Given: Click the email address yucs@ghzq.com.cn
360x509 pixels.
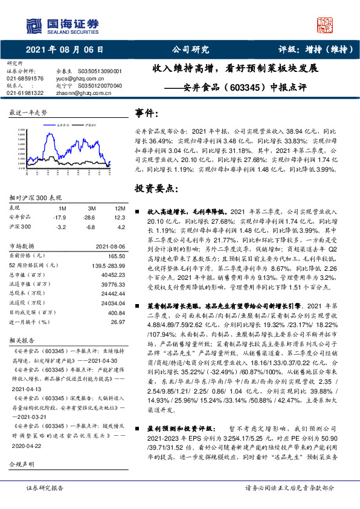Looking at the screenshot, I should (x=77, y=79).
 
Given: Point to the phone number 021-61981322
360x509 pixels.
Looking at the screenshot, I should (x=25, y=93).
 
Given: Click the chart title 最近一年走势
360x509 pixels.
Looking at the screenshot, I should (x=28, y=113).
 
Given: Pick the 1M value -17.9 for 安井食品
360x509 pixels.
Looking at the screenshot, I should (x=59, y=217).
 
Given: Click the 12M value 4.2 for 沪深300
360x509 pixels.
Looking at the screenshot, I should (x=121, y=227).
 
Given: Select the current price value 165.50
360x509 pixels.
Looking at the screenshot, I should (x=115, y=256).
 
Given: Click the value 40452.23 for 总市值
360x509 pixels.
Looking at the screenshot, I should (x=111, y=273).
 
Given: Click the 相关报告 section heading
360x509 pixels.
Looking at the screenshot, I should (x=22, y=340).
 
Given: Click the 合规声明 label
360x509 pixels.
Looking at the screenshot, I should (x=22, y=464).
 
